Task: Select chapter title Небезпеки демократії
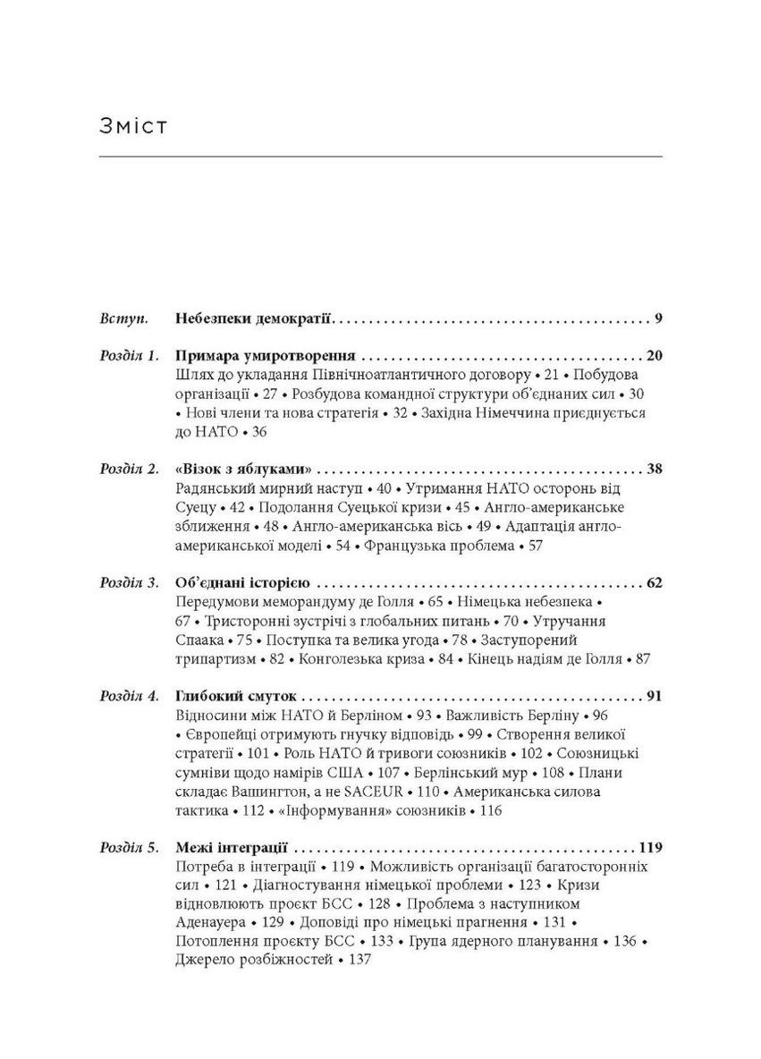254,318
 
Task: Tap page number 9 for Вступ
657,318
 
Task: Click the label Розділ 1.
129,355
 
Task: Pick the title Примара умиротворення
267,355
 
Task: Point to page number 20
653,355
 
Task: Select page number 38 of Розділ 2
653,470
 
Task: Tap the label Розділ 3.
129,584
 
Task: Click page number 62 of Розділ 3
653,584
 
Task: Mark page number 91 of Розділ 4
653,697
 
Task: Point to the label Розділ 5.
129,849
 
